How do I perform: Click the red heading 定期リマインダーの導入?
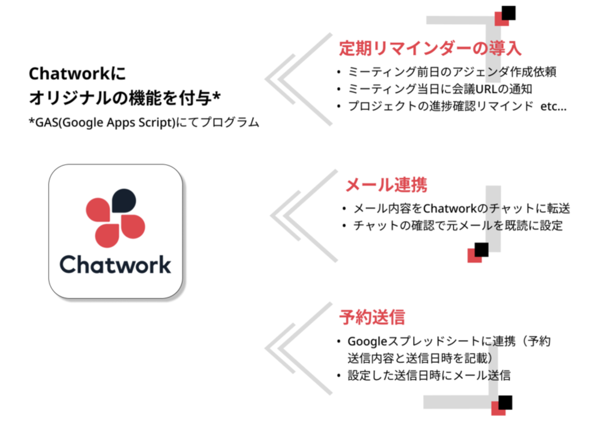[430, 49]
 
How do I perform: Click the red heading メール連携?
[386, 185]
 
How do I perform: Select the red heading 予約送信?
[372, 317]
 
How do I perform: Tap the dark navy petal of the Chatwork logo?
[124, 200]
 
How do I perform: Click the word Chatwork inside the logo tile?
[115, 265]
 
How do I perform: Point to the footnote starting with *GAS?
[144, 122]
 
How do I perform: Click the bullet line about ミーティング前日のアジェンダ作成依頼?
[452, 72]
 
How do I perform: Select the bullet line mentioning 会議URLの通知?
[440, 89]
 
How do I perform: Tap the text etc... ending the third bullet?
[553, 106]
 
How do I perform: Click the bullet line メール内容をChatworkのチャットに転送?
[462, 208]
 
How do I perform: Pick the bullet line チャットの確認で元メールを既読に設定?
[458, 226]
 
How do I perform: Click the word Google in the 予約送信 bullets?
[368, 341]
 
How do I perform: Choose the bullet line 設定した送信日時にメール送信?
[429, 375]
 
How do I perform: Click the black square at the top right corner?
[508, 13]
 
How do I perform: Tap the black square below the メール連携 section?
[481, 250]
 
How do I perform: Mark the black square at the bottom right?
[505, 403]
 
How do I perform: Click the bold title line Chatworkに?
[77, 73]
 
